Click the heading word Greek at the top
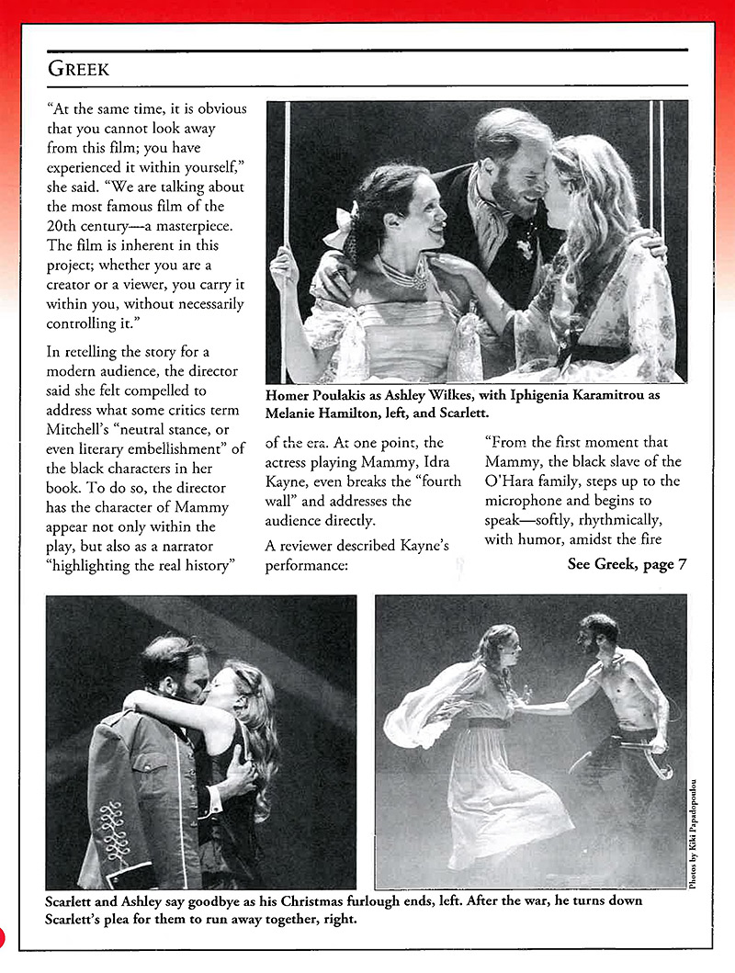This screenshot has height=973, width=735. (x=79, y=68)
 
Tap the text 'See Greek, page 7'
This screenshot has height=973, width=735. (x=627, y=564)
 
